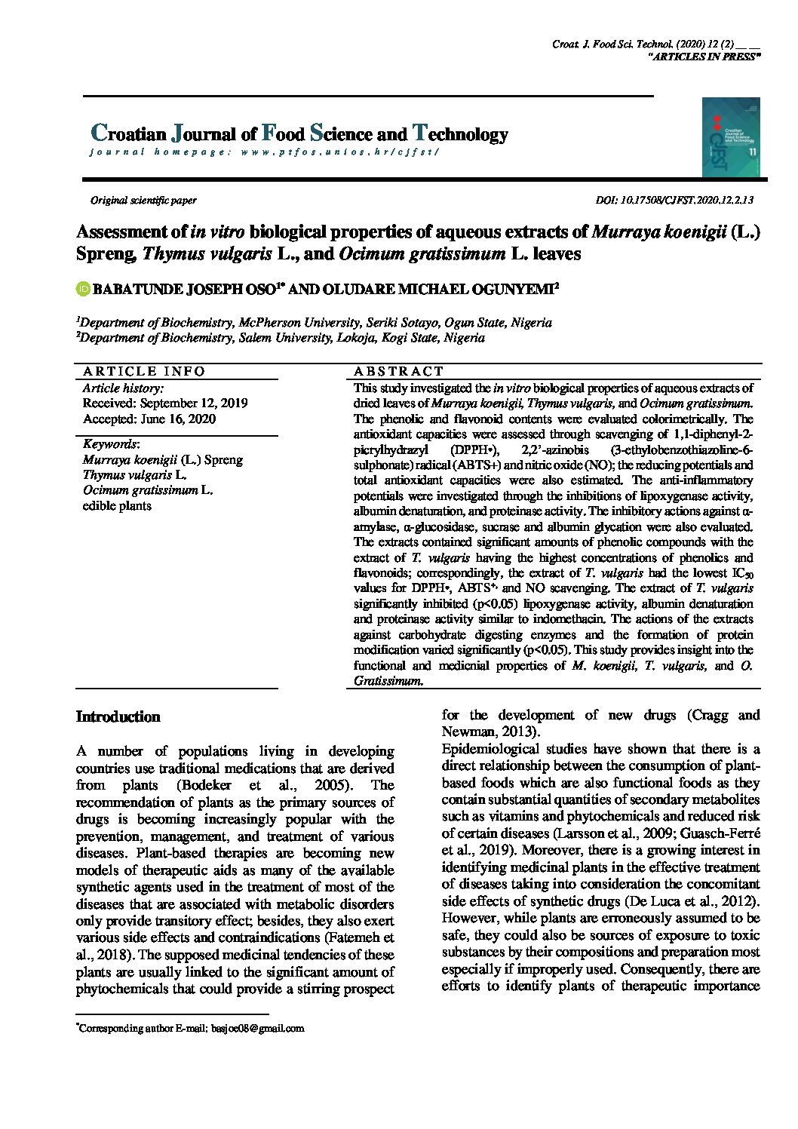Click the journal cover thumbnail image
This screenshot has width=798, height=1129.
[730, 137]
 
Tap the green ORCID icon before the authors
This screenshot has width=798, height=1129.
[83, 289]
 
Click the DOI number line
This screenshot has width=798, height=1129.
[674, 201]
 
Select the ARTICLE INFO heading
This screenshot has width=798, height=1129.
[144, 371]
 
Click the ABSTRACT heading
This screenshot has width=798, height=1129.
[398, 371]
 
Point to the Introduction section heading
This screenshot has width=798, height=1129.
[118, 716]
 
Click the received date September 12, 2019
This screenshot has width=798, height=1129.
[165, 403]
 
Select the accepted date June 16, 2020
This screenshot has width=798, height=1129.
[149, 419]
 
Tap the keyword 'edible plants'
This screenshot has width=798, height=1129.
[117, 506]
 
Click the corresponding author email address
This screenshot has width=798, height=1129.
[257, 1028]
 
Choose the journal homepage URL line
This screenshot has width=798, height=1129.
[264, 152]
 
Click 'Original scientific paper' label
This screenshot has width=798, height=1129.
[143, 201]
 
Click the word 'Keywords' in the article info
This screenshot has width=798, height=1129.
[110, 444]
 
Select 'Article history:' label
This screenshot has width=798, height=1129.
[123, 388]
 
